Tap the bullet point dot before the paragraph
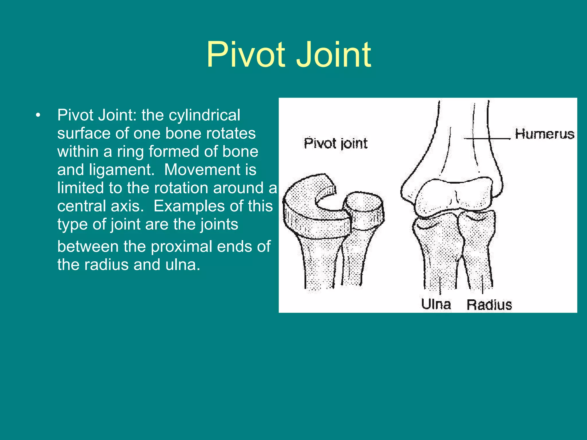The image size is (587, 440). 38,115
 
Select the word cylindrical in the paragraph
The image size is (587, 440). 204,115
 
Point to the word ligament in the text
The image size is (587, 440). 122,170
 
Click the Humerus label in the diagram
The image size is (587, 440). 544,134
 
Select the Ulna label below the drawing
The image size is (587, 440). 436,304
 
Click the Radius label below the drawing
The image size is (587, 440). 489,305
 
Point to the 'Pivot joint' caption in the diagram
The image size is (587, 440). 335,143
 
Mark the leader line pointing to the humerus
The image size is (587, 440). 487,139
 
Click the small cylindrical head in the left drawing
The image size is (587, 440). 363,211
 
